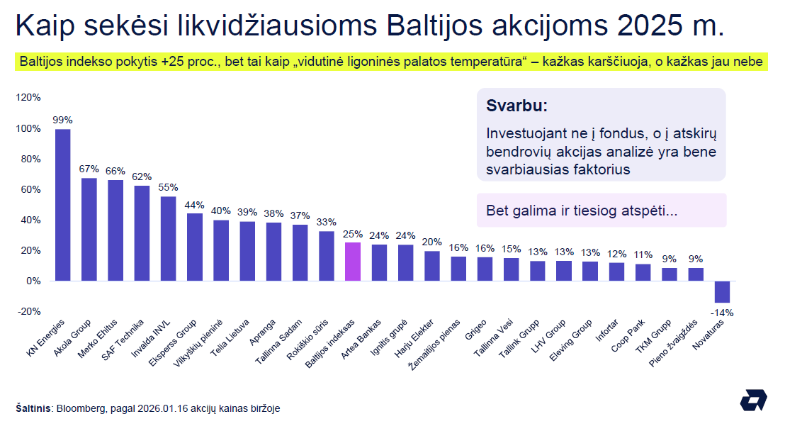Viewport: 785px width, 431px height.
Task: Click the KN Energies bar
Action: (x=62, y=205)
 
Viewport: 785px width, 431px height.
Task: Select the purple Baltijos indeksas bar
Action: (x=353, y=262)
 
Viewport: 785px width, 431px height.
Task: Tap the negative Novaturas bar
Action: (x=722, y=291)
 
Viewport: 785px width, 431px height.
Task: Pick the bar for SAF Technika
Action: (x=142, y=233)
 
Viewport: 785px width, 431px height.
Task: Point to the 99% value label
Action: (x=62, y=120)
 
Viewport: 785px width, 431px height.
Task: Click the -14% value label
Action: (x=723, y=313)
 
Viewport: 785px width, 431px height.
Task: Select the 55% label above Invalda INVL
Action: (x=169, y=187)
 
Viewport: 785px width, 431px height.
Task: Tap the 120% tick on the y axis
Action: (x=29, y=98)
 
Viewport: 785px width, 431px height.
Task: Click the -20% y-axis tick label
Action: (x=29, y=311)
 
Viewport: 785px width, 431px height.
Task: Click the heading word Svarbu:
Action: (x=516, y=106)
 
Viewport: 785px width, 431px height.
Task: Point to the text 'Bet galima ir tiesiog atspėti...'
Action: (x=581, y=211)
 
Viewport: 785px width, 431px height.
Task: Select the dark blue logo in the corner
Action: (x=753, y=401)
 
